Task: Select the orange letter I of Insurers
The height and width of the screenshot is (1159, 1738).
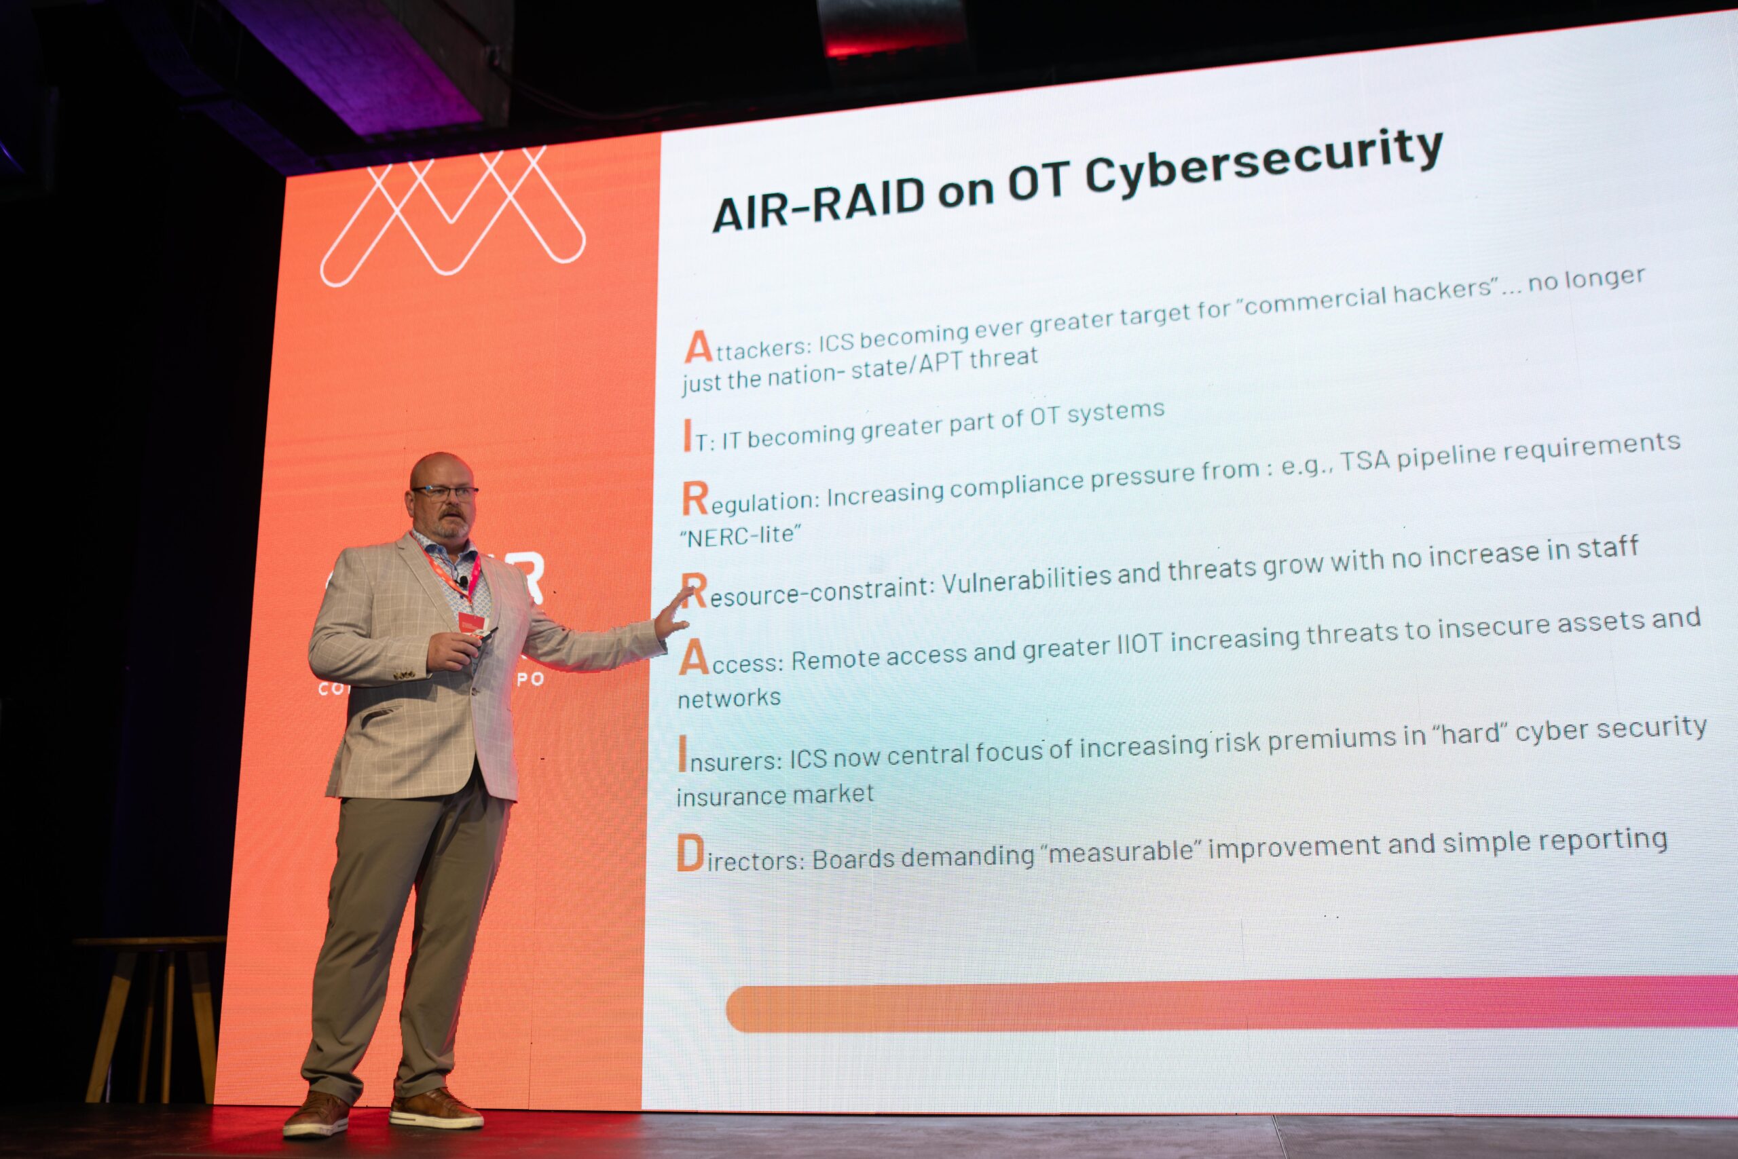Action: [682, 754]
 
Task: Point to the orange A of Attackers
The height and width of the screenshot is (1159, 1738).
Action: [697, 347]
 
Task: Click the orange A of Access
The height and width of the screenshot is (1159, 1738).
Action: [693, 657]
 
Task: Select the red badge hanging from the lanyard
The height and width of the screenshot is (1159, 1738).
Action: [471, 622]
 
